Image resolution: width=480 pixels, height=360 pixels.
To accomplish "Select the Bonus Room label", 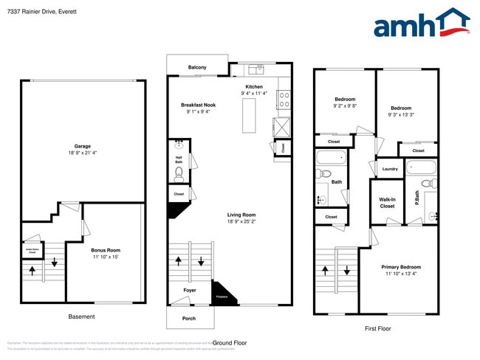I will [x=105, y=250].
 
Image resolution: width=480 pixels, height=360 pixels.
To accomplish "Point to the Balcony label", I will [x=197, y=68].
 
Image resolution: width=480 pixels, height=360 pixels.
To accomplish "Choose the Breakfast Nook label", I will [x=199, y=105].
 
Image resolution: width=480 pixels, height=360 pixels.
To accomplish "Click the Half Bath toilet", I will [x=179, y=174].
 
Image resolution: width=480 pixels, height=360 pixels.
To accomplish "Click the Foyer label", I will [x=190, y=291].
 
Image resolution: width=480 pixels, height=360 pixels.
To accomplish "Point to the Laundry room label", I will [x=390, y=169].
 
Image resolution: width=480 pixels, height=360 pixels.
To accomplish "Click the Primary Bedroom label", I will [x=401, y=267].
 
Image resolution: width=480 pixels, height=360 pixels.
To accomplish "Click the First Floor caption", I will [x=377, y=328].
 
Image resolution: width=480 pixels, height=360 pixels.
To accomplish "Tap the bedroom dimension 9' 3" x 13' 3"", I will [x=400, y=114].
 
